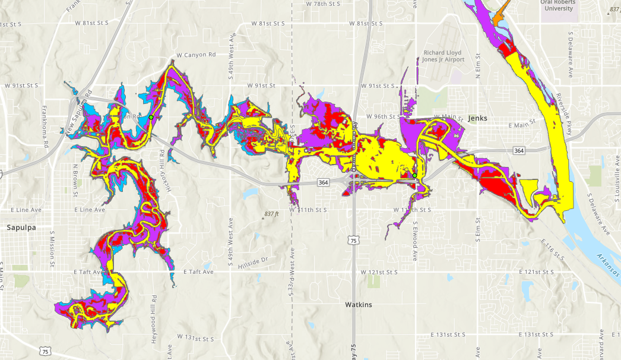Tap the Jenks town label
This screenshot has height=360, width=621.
[477, 118]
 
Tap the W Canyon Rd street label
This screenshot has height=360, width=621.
[196, 55]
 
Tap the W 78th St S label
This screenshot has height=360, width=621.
[324, 4]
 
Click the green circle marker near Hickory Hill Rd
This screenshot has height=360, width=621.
[151, 118]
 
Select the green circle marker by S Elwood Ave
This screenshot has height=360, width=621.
[414, 175]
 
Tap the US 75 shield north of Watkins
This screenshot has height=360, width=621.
[353, 241]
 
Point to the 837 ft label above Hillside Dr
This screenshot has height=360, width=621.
[271, 214]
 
